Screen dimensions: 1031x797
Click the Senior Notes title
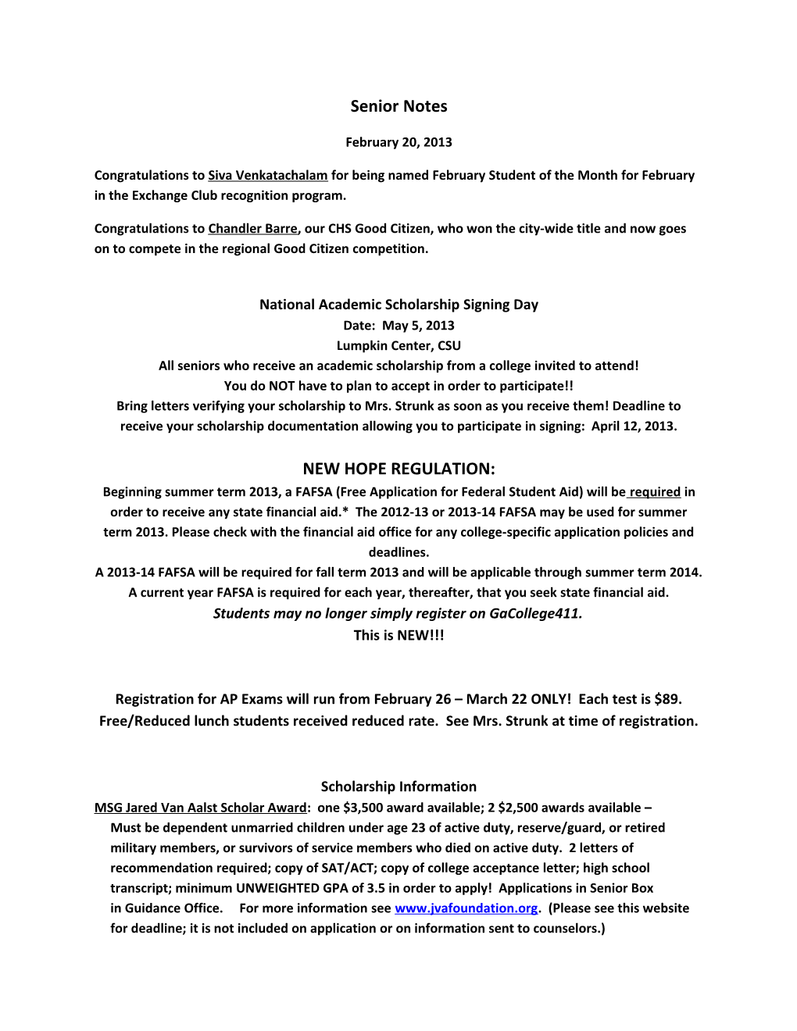coord(398,106)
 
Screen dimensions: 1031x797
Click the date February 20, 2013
coord(398,142)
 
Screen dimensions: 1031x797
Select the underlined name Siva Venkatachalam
coord(267,176)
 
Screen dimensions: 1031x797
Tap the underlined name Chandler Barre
coord(252,229)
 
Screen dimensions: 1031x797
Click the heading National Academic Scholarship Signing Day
coord(398,305)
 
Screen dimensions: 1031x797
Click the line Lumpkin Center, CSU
coord(398,346)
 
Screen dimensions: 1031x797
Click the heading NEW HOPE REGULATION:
coord(398,469)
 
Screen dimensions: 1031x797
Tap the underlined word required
coord(655,492)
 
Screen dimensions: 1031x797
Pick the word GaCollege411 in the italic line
coord(535,613)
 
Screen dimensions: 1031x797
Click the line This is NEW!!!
coord(398,635)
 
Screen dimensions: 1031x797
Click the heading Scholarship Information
coord(398,787)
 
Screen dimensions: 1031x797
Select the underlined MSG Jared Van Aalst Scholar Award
coord(200,808)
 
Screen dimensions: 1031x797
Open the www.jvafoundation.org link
coord(466,908)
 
